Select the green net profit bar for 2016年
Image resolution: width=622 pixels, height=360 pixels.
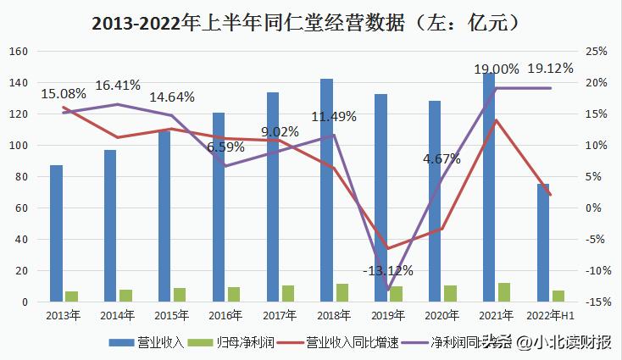coord(234,294)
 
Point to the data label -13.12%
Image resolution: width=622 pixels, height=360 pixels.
coord(387,270)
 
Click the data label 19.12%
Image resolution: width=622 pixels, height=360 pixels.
coord(550,69)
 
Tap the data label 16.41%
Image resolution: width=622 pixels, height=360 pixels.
coord(118,85)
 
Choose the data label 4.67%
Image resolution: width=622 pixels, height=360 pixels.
coord(442,158)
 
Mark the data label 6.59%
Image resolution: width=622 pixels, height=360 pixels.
coord(225,147)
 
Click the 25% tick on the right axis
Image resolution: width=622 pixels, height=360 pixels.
coord(597,52)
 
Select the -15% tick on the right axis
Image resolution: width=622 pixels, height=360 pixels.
coord(597,302)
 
